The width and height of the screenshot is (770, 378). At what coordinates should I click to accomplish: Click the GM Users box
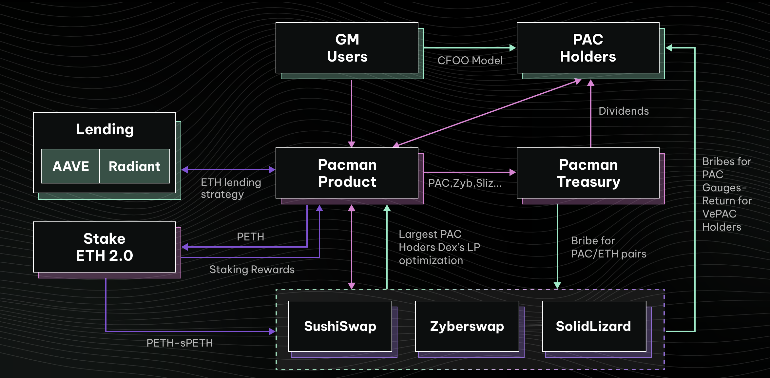(347, 48)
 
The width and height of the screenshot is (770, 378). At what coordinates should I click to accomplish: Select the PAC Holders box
(588, 48)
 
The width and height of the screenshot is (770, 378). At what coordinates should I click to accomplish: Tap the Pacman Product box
(347, 173)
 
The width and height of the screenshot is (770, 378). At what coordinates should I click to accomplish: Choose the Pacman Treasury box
(588, 173)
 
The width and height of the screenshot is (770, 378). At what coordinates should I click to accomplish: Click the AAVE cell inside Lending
(70, 166)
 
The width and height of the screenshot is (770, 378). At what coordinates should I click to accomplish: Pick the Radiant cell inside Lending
(134, 166)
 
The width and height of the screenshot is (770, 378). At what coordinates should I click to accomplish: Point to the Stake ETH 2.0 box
(105, 247)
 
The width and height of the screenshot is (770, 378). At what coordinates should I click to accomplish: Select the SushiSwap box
(340, 326)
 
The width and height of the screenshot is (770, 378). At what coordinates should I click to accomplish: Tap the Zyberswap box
(467, 326)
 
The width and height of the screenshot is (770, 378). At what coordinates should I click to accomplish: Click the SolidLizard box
(593, 326)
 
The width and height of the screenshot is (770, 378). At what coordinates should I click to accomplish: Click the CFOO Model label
(470, 61)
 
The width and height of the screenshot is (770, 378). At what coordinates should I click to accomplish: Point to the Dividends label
(624, 111)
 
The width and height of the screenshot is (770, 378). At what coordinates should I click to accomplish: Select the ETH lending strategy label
(231, 188)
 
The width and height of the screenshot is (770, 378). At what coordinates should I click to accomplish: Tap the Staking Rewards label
(252, 270)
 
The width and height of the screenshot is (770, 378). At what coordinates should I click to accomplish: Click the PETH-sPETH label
(180, 343)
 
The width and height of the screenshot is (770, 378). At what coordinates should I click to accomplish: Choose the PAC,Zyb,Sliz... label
(465, 183)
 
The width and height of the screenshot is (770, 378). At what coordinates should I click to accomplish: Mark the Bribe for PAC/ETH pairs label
(608, 247)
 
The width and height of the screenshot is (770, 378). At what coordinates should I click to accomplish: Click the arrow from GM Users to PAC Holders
(469, 48)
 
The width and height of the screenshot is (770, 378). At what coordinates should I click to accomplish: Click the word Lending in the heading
(105, 129)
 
